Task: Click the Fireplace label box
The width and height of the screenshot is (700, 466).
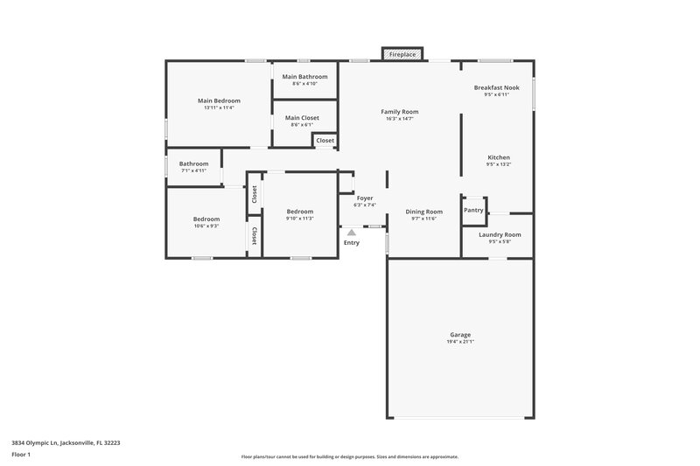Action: [x=402, y=54]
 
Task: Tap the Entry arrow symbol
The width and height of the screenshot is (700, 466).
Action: [x=351, y=233]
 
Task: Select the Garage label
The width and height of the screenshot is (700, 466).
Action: [x=460, y=335]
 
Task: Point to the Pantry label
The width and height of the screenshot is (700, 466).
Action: [x=473, y=210]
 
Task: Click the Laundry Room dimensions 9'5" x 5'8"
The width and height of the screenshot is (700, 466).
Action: [x=500, y=242]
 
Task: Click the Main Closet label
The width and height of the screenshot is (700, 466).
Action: [x=302, y=117]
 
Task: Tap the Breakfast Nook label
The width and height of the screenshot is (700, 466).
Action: [x=496, y=87]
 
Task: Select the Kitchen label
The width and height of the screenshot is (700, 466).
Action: [x=498, y=157]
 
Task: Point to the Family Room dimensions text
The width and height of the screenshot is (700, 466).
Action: [x=399, y=119]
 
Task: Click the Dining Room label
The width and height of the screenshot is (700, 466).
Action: [x=423, y=212]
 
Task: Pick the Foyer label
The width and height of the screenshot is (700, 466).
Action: [x=364, y=198]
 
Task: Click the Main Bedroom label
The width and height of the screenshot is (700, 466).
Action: [x=219, y=101]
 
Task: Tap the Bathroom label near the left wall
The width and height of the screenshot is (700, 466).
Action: [x=193, y=163]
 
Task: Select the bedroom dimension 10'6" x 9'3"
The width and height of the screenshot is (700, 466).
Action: [x=206, y=226]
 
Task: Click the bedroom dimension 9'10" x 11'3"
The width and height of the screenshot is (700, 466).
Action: [x=299, y=219]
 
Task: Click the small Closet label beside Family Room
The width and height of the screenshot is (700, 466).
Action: [x=325, y=140]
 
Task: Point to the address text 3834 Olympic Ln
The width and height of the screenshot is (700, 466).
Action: [x=66, y=442]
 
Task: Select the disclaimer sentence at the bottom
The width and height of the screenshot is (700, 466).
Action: [x=349, y=456]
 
